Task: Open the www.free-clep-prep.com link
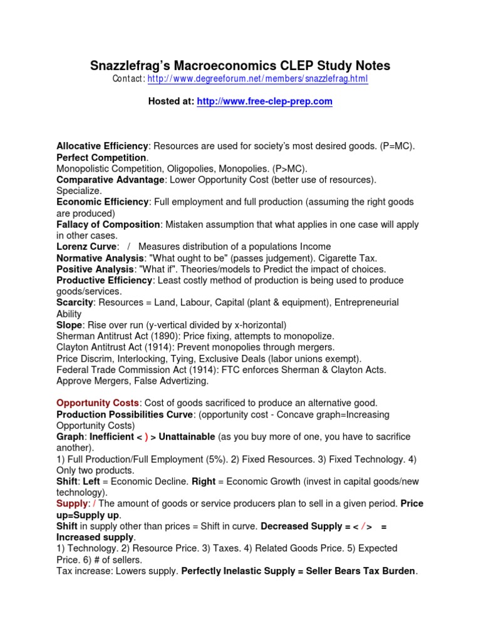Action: (264, 101)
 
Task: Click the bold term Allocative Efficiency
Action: (101, 146)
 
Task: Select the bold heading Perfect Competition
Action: (101, 158)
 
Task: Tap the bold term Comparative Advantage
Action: (110, 180)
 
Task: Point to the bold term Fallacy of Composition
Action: (108, 224)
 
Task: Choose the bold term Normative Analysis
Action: (99, 258)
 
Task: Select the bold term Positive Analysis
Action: (95, 269)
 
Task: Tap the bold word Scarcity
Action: (75, 302)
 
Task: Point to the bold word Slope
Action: (69, 325)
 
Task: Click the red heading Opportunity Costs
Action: (97, 403)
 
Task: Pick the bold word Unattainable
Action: (186, 436)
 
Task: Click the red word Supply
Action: (70, 503)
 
